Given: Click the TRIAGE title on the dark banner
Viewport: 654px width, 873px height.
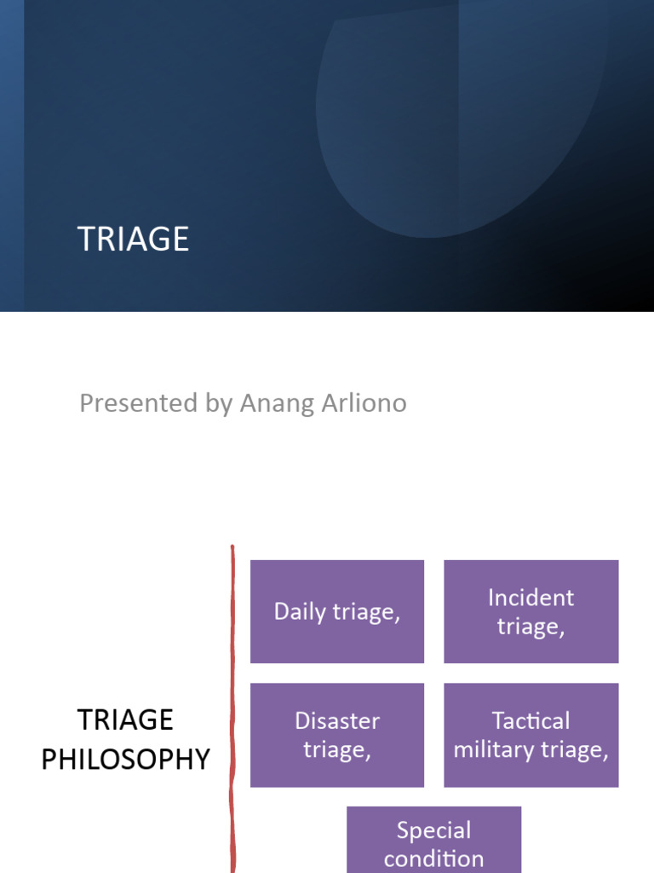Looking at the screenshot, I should pos(133,240).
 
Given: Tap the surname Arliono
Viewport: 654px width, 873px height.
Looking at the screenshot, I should pos(360,402).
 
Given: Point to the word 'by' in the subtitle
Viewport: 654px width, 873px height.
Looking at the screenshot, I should pos(218,403).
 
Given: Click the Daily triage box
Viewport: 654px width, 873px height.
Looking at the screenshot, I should pos(337,611).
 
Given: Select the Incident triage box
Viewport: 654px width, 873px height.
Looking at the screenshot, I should pos(531,611).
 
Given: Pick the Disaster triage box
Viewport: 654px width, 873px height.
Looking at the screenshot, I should pos(337,735).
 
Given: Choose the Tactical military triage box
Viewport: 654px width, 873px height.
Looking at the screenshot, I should pos(531,735).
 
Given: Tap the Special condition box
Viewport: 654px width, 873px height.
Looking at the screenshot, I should pos(433,841).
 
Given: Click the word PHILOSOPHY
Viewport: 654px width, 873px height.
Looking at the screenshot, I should pos(125,759).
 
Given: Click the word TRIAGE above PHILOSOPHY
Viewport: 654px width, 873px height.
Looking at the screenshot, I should pos(125,720).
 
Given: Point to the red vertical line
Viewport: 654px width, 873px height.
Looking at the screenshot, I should pos(232,708).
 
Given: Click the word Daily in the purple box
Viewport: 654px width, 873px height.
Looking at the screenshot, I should pos(299,612).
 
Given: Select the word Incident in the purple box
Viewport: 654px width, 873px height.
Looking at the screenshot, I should pos(531,598).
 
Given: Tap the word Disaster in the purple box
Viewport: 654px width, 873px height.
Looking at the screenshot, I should pos(337,721).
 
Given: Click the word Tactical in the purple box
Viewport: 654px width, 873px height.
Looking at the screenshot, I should pos(531,721).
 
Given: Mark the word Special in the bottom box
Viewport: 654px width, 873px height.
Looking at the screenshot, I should pos(433,830).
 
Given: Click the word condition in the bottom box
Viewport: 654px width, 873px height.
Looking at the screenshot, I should pos(433,859).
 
